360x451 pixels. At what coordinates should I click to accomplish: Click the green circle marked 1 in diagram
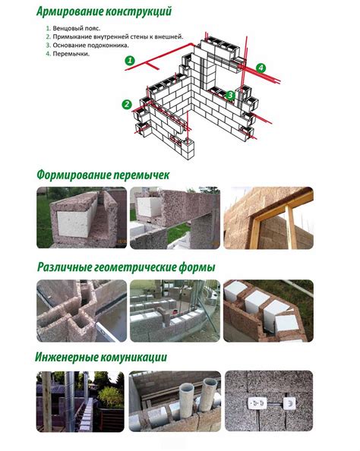130,59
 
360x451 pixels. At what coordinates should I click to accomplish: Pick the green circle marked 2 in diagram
127,104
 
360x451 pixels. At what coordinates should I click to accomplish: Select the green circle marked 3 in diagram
229,95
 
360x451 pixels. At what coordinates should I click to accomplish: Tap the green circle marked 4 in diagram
261,68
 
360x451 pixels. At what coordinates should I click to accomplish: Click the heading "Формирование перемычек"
103,175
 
